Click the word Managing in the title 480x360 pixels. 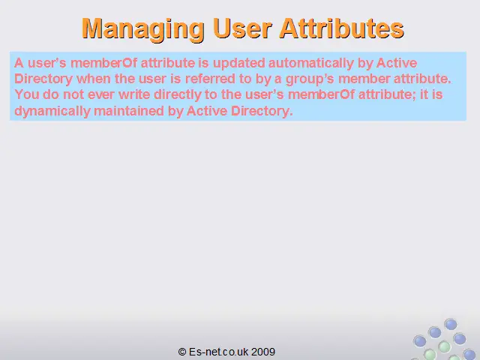click(x=143, y=29)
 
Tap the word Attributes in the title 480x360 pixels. click(x=342, y=28)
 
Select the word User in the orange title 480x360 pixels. click(x=241, y=28)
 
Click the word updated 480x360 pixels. click(x=239, y=63)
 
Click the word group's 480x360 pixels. click(x=310, y=79)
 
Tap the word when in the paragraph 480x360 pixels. click(x=94, y=79)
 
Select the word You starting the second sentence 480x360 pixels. click(x=27, y=94)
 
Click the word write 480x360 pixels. click(x=134, y=94)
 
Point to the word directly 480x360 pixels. click(x=178, y=95)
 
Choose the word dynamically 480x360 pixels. click(x=52, y=111)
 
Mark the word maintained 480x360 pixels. click(x=129, y=110)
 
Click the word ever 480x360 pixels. click(x=101, y=94)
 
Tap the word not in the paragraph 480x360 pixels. click(x=73, y=94)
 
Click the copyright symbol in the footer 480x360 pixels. click(x=182, y=352)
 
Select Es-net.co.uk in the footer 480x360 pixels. click(x=218, y=352)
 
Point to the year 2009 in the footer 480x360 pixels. click(x=263, y=352)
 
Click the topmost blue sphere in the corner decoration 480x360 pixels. click(x=451, y=324)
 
